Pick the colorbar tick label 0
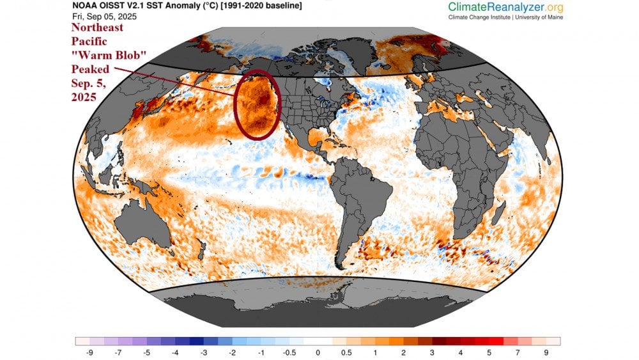pos(318,352)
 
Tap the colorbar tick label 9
pos(546,352)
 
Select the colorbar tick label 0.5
pos(346,352)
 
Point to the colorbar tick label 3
pos(433,352)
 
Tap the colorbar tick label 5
pos(489,352)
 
